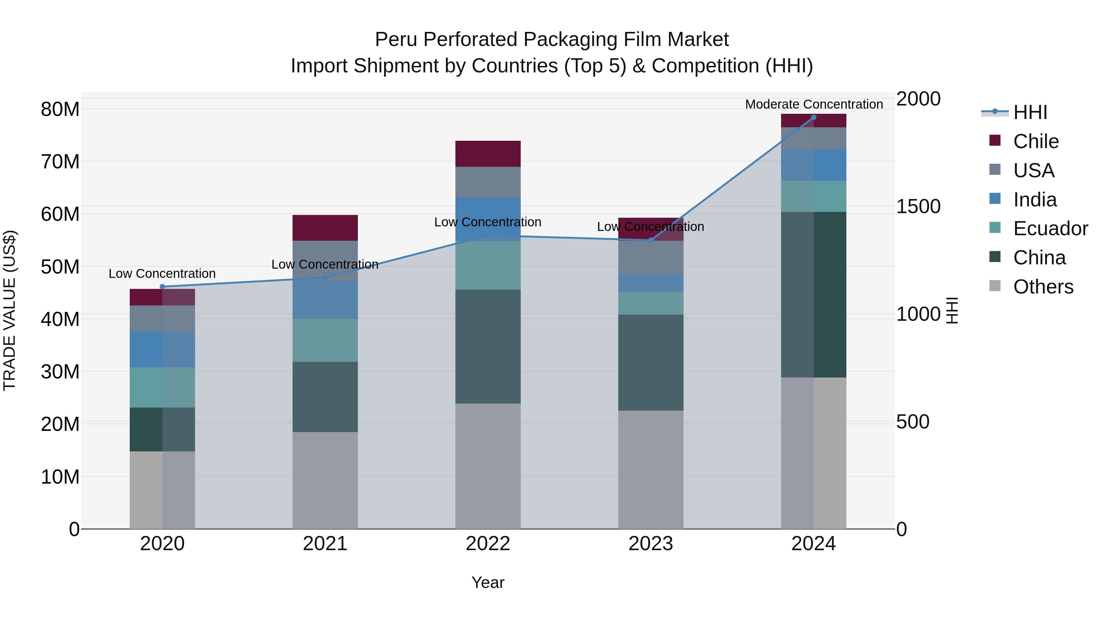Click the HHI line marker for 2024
coord(813,117)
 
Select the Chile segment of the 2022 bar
coord(488,153)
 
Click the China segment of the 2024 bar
coord(813,294)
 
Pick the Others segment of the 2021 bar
coord(325,480)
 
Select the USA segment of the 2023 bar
coord(650,257)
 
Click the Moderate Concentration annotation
coord(813,104)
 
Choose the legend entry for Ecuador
coord(1050,228)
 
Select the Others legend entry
coord(1043,287)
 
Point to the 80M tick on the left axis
coord(60,109)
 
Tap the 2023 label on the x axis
coord(650,544)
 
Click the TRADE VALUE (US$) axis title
coord(10,310)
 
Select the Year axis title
coord(488,582)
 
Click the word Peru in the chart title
coord(396,40)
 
